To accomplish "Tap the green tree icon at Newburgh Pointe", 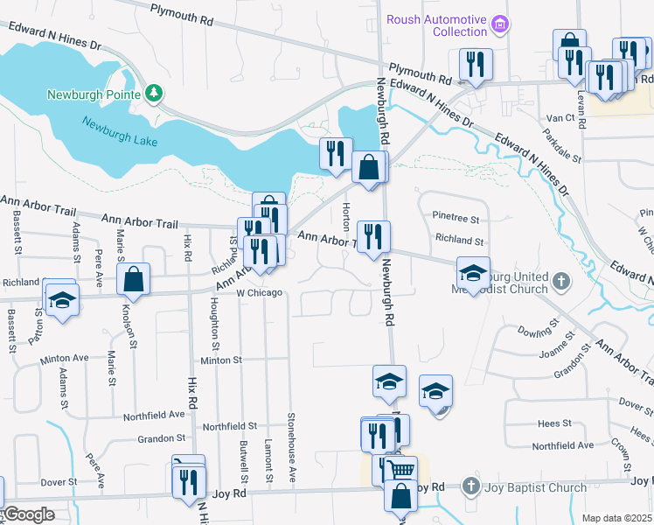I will coord(154,92).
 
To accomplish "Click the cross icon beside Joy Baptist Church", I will coord(471,486).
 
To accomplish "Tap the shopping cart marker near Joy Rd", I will coord(402,469).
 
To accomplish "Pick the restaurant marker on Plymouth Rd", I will coord(476,64).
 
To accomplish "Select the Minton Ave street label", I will coord(65,359).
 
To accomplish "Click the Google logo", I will coord(28,514).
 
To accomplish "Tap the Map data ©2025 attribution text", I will coord(617,518).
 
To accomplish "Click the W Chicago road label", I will coord(260,292).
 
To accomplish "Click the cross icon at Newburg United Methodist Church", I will coord(561,283).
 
